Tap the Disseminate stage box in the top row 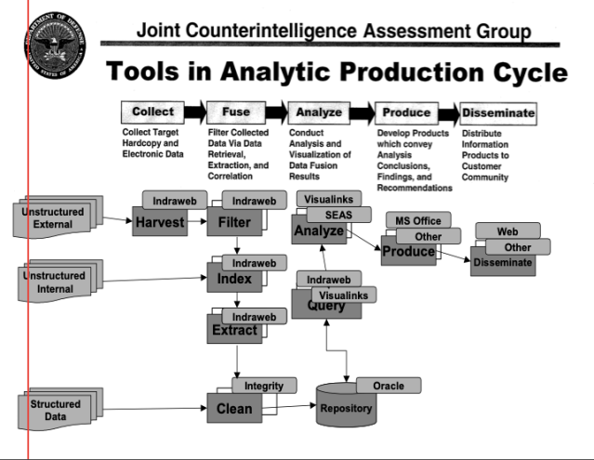coord(498,113)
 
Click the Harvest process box coord(160,223)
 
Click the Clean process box coord(235,406)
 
